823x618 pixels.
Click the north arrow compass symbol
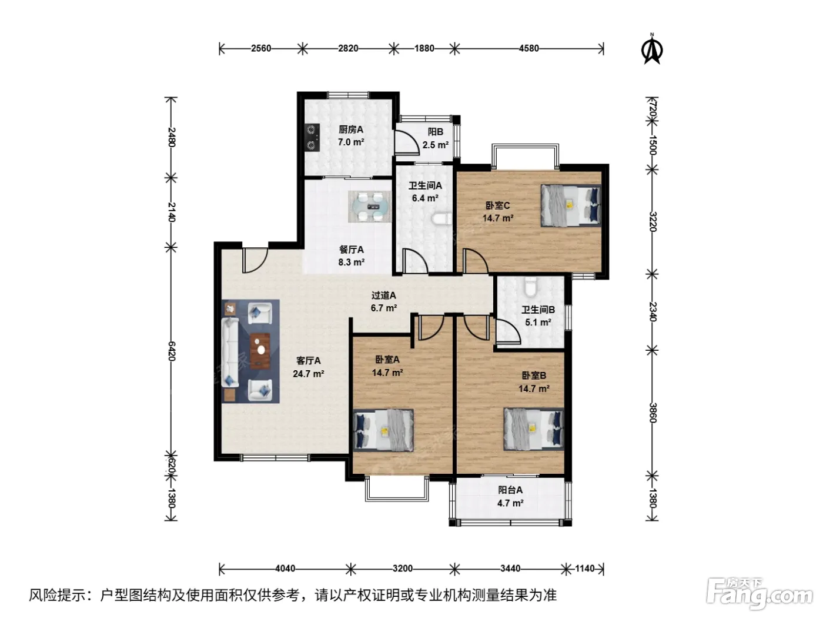pos(652,49)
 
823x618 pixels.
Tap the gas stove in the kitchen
pos(312,137)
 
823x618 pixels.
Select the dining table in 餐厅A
pos(370,207)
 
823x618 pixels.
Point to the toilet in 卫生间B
pos(530,287)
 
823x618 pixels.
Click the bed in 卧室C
pos(571,205)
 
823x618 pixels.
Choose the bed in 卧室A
pos(383,430)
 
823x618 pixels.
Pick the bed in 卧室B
pos(534,429)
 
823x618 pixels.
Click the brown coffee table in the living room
pos(260,350)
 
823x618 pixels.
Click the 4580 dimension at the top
pos(528,48)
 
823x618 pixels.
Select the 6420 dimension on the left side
pos(171,351)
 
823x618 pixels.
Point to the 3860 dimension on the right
pos(653,413)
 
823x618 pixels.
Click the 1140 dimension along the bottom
pos(585,569)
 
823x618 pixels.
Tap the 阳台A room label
pos(510,490)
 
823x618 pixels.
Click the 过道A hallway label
pos(383,295)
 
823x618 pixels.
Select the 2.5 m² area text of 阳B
pos(436,145)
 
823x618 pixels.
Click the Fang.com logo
pos(759,594)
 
